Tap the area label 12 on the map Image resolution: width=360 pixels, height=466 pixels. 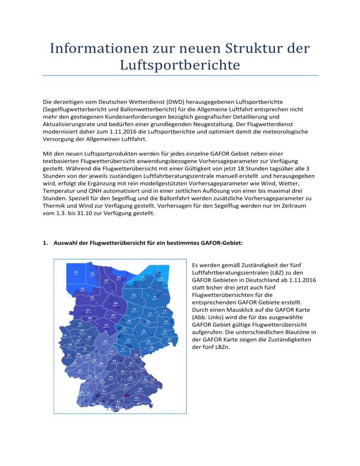[x=161, y=278]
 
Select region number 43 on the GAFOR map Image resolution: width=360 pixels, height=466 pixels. [x=105, y=341]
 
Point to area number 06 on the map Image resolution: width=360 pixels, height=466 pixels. [x=115, y=303]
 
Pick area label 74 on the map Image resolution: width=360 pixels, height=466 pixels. [x=140, y=389]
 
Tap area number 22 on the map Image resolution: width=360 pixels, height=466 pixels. [x=144, y=331]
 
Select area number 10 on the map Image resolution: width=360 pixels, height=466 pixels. [x=106, y=324]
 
